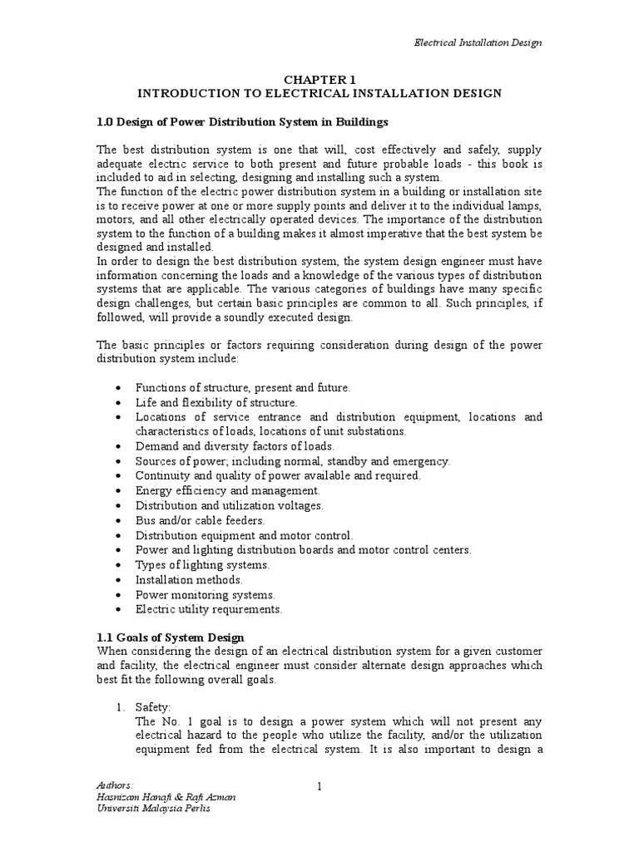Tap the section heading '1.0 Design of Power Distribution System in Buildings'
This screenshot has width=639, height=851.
[x=243, y=122]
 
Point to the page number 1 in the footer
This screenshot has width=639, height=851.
[x=319, y=785]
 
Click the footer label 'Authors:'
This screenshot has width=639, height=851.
[x=114, y=785]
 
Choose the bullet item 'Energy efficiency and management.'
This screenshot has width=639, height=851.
[x=215, y=490]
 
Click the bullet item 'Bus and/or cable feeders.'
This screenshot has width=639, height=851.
[x=192, y=520]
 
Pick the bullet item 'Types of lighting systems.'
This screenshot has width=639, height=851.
[x=202, y=565]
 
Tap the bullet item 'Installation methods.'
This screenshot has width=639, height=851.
[x=190, y=579]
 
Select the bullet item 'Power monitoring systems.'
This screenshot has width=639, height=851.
[x=205, y=594]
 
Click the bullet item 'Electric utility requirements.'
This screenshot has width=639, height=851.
[x=209, y=609]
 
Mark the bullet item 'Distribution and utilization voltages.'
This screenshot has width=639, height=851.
[x=230, y=505]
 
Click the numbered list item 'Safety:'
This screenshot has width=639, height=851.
[x=153, y=706]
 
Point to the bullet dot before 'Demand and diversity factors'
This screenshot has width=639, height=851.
[x=121, y=446]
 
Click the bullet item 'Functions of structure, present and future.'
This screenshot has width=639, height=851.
[x=243, y=387]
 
